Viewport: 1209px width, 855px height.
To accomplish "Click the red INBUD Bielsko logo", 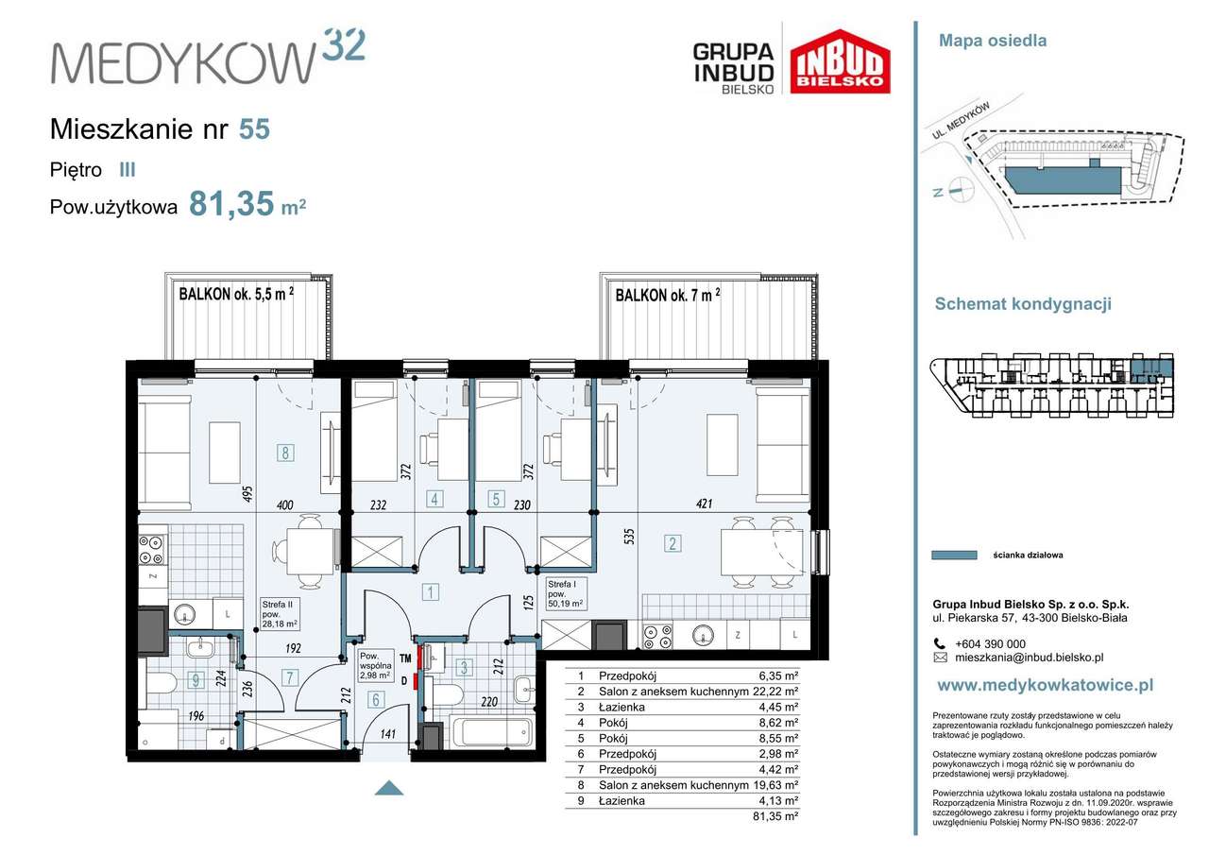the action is click(x=841, y=61).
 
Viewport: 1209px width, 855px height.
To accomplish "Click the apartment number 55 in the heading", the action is click(x=254, y=129).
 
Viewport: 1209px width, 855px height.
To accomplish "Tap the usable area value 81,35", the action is click(x=231, y=203).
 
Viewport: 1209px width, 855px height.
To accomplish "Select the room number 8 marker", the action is click(x=285, y=453).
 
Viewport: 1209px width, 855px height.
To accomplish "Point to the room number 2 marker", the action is click(x=673, y=543).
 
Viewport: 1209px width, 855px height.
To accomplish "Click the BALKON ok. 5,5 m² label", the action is click(x=236, y=294).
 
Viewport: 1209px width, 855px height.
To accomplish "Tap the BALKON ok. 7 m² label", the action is click(x=668, y=295).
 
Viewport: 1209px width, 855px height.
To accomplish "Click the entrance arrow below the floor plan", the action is click(x=389, y=788).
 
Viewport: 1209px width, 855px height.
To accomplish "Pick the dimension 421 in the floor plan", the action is click(x=705, y=504).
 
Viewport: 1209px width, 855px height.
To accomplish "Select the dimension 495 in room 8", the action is click(x=247, y=494).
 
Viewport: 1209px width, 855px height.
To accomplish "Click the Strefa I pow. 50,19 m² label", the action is click(x=565, y=593).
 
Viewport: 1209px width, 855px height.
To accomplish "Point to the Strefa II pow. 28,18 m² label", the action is click(x=280, y=614).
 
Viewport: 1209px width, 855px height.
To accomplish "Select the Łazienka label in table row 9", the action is click(x=622, y=801).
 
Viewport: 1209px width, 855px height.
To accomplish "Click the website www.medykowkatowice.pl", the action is click(x=1046, y=685).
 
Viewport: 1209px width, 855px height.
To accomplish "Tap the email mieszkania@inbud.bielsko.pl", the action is click(x=1030, y=658).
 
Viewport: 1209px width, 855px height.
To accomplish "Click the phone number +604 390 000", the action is click(x=991, y=644).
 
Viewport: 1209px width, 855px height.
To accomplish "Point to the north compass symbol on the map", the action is click(x=956, y=191).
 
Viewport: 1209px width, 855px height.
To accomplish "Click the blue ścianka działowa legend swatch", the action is click(x=954, y=555).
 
